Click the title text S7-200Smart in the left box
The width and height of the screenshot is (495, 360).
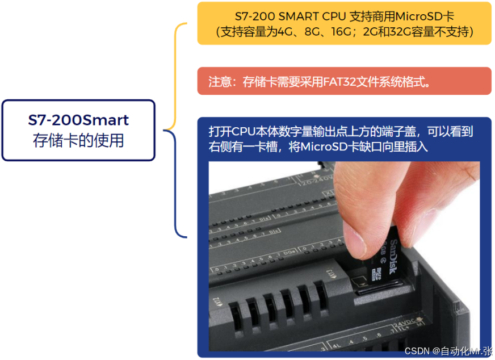point(78,120)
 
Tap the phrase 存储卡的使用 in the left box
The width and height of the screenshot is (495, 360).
point(78,140)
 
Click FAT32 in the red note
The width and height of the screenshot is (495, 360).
point(339,81)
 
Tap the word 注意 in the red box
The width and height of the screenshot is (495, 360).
point(220,81)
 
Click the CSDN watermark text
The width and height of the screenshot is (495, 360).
point(417,351)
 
